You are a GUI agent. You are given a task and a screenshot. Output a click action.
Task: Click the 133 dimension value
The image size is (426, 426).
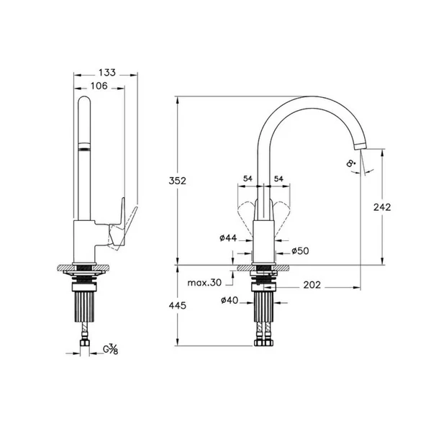106,73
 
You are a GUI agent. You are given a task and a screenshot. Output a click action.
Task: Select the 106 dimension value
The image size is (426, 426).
100,86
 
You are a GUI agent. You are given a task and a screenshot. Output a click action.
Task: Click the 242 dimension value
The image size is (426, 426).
382,207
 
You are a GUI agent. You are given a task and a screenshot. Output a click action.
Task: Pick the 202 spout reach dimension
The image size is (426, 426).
312,284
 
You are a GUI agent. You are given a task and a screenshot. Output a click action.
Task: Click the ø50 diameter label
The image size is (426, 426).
300,251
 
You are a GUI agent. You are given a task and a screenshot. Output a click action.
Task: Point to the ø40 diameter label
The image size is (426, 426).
230,300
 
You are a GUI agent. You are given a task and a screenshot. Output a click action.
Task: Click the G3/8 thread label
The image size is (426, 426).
111,350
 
